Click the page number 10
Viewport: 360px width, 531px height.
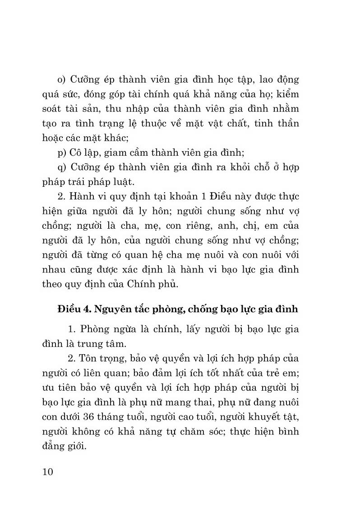tap(46, 473)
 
